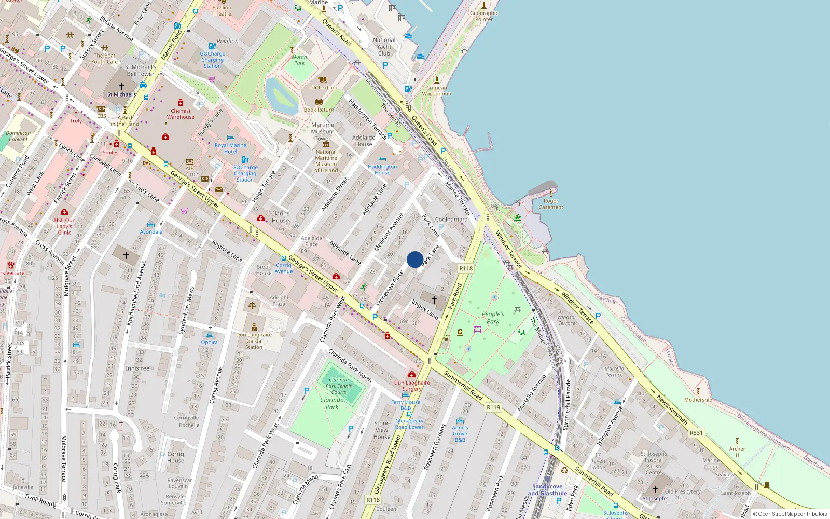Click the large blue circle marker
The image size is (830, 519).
click(x=415, y=259)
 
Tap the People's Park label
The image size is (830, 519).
click(x=493, y=318)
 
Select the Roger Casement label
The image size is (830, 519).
click(x=551, y=204)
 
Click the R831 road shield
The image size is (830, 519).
click(x=696, y=433)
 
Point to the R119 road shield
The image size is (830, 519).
click(x=493, y=407)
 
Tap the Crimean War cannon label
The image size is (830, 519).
click(x=436, y=91)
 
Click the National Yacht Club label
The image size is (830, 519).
click(x=384, y=47)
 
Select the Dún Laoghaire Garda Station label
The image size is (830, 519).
click(x=254, y=340)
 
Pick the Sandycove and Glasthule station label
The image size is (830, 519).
click(x=547, y=490)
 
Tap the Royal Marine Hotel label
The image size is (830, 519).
click(x=230, y=148)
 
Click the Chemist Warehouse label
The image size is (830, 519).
click(x=181, y=114)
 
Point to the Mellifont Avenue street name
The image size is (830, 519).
click(x=389, y=232)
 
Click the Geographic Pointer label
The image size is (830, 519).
click(x=484, y=16)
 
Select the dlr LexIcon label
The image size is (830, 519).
click(x=324, y=87)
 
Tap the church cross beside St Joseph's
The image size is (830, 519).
click(x=655, y=489)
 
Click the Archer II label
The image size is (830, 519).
click(x=737, y=452)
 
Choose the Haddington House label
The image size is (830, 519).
click(x=382, y=170)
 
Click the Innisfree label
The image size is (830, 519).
click(x=137, y=368)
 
